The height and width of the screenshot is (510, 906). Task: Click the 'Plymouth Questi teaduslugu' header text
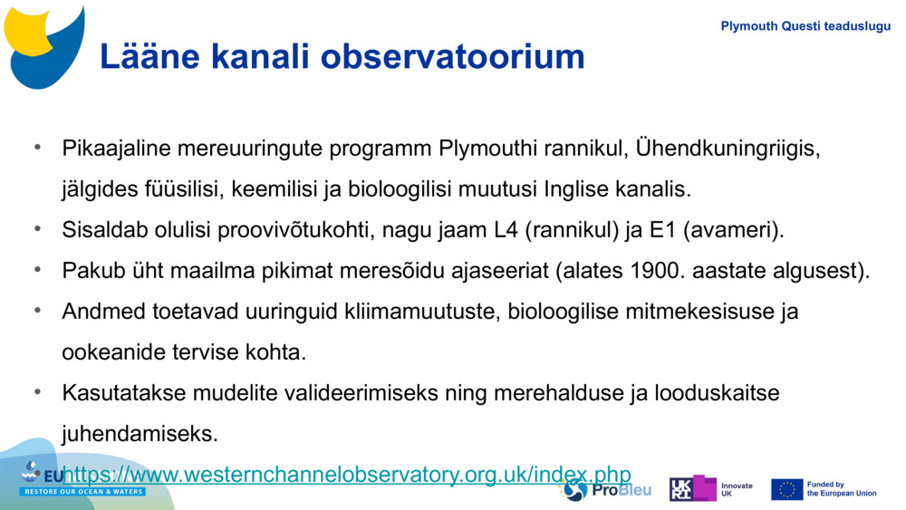point(805,26)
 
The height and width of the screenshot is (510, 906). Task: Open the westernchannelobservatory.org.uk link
point(347,474)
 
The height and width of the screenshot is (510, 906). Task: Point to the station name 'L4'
point(506,230)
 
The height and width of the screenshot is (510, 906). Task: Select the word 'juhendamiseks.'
point(140,434)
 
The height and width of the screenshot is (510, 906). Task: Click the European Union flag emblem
point(786,489)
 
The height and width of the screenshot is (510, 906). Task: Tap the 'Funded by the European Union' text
point(841,489)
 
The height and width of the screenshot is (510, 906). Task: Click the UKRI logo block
point(692,488)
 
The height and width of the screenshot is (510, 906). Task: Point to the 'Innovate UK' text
point(736,489)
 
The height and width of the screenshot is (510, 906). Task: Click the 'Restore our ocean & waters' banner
point(83,491)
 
